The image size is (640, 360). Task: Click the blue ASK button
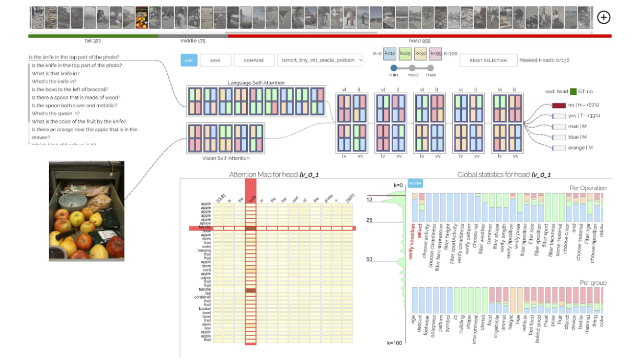(x=189, y=60)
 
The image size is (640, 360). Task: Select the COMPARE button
(x=254, y=60)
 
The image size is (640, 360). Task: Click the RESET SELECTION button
(x=488, y=60)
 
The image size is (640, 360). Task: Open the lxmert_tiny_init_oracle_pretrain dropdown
(x=320, y=60)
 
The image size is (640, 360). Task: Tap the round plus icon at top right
(x=603, y=17)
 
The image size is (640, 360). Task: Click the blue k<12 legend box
(x=390, y=53)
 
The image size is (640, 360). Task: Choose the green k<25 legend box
(x=405, y=53)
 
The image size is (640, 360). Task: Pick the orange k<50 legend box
(x=420, y=53)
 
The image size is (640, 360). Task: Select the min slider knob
(x=394, y=67)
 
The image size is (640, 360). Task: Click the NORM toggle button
(x=415, y=183)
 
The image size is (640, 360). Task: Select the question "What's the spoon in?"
(x=56, y=113)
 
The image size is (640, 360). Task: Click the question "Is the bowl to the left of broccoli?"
(x=70, y=89)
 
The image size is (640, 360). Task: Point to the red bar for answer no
(x=559, y=105)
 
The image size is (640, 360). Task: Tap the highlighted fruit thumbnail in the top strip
(x=142, y=17)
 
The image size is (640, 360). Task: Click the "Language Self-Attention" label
(x=256, y=83)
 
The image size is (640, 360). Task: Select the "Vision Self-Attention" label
(x=226, y=158)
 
